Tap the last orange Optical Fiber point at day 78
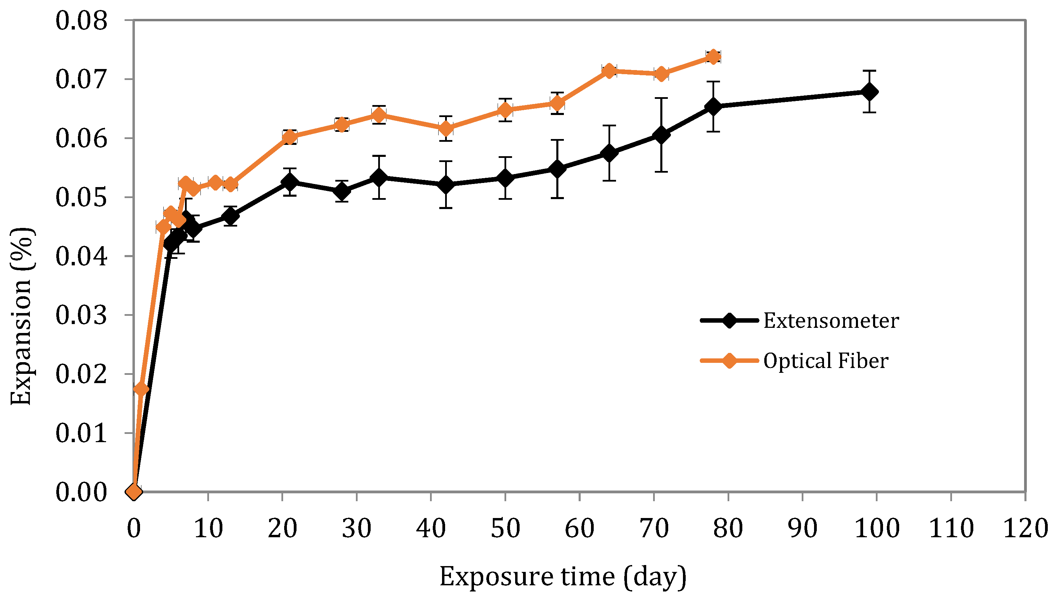coord(713,57)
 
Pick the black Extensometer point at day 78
coord(713,107)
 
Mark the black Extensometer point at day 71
coord(661,135)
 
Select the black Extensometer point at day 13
coord(230,216)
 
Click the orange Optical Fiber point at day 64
coord(609,71)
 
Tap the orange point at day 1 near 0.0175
coord(141,389)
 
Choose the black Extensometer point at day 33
coord(379,177)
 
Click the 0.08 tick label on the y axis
coord(81,21)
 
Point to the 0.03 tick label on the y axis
coord(81,315)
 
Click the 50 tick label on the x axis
coord(505,528)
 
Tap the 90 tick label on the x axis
coord(802,528)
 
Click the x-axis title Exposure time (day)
coord(563,577)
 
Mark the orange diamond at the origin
coord(134,491)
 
